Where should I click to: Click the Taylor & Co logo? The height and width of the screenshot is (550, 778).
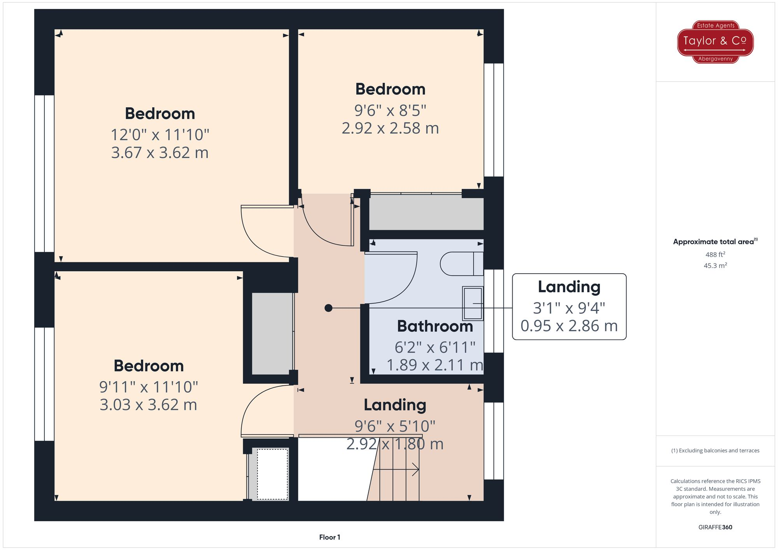(x=715, y=42)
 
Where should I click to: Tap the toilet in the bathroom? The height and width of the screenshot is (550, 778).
(x=461, y=264)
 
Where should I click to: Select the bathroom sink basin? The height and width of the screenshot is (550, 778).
(x=473, y=304)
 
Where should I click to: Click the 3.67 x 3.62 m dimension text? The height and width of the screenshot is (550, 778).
(x=160, y=153)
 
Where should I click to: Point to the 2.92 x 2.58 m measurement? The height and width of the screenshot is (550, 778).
(x=390, y=128)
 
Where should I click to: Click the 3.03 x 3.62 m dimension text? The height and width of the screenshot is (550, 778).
(x=148, y=405)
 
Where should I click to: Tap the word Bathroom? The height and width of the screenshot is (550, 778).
(x=435, y=326)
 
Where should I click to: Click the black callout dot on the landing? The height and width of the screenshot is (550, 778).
(x=328, y=308)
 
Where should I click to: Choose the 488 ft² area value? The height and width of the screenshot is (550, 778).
(x=715, y=255)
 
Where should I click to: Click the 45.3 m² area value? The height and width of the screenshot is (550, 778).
(x=715, y=265)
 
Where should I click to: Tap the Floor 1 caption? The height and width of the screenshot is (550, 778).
(x=329, y=537)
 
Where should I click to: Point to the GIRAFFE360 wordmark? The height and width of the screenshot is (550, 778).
(x=715, y=527)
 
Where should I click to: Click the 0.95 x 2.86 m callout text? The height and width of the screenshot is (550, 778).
(x=569, y=326)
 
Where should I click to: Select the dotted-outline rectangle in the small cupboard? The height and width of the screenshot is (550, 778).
(x=272, y=474)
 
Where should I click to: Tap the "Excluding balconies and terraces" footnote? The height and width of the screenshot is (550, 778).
(x=715, y=450)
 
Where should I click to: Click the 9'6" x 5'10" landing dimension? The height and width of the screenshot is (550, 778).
(x=394, y=426)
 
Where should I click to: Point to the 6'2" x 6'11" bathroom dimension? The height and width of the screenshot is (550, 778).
(x=435, y=347)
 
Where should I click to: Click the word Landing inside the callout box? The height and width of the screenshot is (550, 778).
(x=569, y=287)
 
